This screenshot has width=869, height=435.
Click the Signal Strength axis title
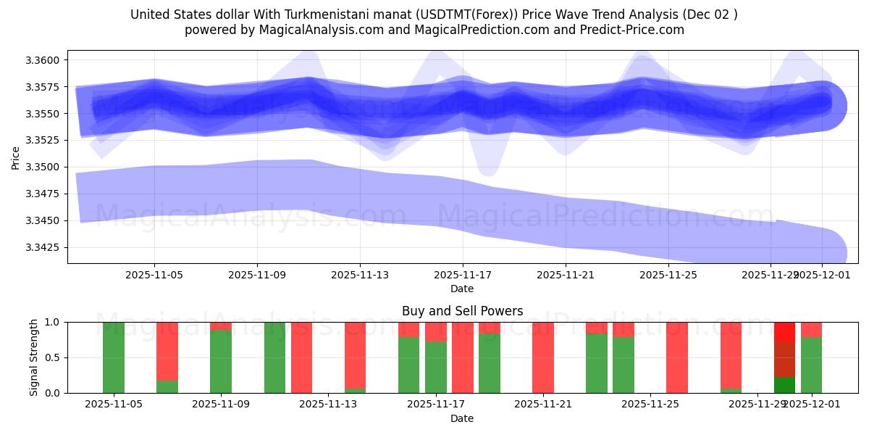(34, 357)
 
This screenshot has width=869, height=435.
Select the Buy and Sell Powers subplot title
(462, 311)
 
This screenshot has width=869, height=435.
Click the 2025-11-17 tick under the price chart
(463, 275)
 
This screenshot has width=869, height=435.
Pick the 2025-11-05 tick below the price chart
(154, 275)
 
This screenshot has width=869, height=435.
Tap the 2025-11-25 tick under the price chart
(668, 275)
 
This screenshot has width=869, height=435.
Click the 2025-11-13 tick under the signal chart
(329, 404)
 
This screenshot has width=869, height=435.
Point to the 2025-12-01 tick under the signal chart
(811, 404)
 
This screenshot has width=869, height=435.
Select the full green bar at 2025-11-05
(114, 357)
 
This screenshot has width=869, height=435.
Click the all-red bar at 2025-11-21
(543, 357)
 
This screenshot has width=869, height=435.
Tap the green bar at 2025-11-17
(436, 367)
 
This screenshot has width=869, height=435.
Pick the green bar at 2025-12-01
(811, 365)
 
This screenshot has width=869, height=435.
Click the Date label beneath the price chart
(462, 289)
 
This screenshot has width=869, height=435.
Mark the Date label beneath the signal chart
(462, 418)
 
